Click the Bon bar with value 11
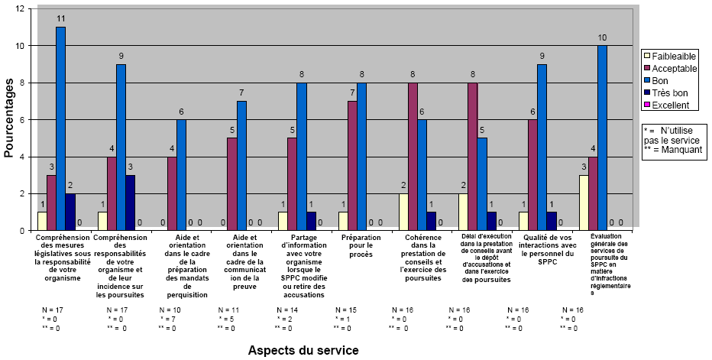pos(60,128)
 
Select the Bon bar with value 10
pos(602,138)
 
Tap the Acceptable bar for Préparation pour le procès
pos(352,165)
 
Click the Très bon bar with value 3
pos(131,203)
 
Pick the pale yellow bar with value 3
pos(584,203)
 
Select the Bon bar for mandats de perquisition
pos(181,174)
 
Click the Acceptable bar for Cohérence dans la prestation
pos(413,156)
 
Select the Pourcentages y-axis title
pos(8,118)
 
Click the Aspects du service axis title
pos(303,349)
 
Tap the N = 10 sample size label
pos(170,310)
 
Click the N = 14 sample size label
pos(288,310)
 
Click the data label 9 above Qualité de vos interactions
pos(542,56)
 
